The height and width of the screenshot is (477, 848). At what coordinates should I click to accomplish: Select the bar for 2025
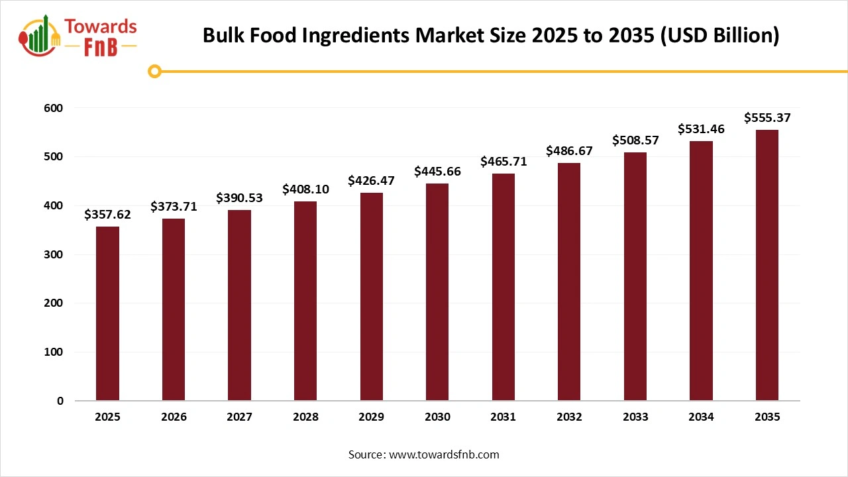[107, 313]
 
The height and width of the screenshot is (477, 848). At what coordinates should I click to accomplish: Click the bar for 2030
[437, 291]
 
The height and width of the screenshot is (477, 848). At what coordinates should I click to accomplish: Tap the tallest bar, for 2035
[767, 265]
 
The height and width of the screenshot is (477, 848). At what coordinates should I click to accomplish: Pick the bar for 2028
[305, 301]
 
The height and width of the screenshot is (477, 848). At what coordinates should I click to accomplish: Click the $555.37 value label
[767, 118]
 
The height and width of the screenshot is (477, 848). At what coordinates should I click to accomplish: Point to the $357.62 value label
[107, 215]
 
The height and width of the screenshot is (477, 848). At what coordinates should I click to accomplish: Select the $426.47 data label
[371, 181]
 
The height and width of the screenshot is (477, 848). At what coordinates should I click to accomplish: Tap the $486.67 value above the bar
[569, 151]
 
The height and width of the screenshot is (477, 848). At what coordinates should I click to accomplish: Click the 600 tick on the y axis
[54, 108]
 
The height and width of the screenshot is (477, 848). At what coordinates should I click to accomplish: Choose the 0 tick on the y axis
[60, 401]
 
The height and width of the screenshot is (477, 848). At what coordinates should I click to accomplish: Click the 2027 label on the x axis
[239, 417]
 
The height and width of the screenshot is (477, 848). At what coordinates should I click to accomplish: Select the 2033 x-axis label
[635, 417]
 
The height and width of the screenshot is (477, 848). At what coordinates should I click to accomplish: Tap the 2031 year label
[503, 417]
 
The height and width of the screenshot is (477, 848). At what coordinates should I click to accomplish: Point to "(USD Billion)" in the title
[720, 36]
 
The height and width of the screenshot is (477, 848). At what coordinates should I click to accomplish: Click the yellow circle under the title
[154, 71]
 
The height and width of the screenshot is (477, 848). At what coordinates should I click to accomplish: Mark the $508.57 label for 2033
[635, 140]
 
